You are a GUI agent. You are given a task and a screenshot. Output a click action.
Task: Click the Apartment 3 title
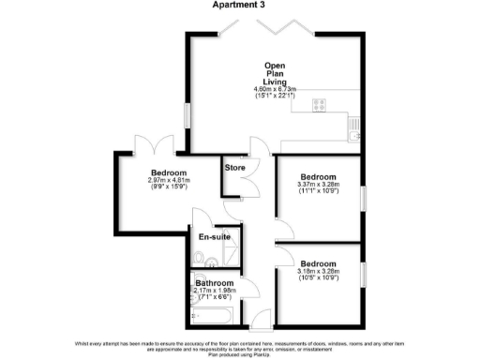click(240, 6)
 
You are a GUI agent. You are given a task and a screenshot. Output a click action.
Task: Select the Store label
click(235, 168)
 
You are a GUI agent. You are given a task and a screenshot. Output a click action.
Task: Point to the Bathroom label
click(214, 282)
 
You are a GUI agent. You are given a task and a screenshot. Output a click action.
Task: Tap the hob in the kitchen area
click(316, 104)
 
